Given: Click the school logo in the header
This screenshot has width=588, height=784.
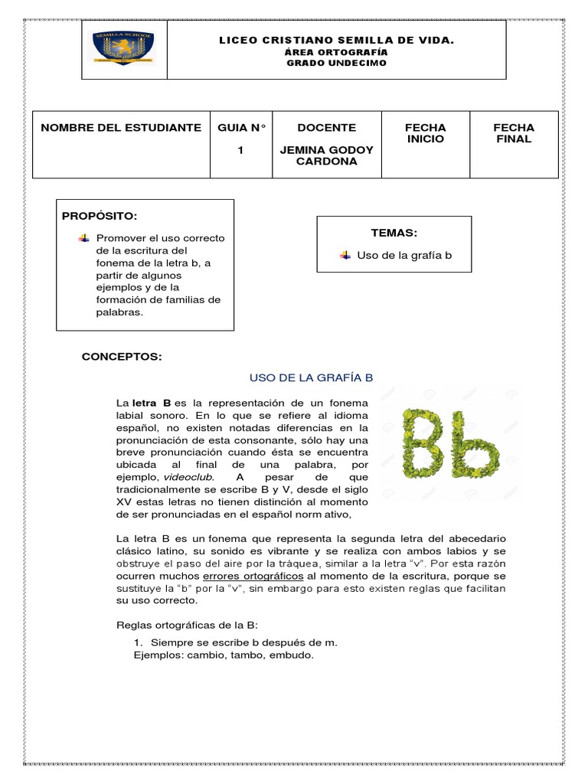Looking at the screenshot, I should pos(124,48).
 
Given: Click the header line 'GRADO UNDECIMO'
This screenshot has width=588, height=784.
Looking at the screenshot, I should pos(337,63).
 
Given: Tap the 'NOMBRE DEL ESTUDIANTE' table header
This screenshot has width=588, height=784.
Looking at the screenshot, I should pos(121,128).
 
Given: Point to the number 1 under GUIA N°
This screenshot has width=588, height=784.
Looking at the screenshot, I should pos(240,150).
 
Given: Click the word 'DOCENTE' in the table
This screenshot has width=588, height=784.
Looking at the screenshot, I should pos(326,128).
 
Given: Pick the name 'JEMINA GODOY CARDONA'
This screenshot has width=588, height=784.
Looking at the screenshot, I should pos(326,155).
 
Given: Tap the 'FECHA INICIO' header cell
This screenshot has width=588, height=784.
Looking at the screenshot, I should pos(425,133).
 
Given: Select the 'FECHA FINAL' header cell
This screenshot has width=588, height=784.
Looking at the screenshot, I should pos(514,133).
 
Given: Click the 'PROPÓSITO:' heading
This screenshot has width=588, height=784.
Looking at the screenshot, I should pos(100,217).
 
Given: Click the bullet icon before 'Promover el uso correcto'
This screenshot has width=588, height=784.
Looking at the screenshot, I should pos(83,238).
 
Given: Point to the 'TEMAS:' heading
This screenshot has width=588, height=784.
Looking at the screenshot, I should pos(394,233).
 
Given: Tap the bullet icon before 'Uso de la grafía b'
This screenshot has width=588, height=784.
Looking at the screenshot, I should pos(345,255).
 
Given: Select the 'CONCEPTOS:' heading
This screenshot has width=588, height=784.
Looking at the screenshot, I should pos(122,357).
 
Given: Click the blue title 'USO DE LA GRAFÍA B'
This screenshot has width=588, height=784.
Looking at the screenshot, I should pos(311,377).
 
